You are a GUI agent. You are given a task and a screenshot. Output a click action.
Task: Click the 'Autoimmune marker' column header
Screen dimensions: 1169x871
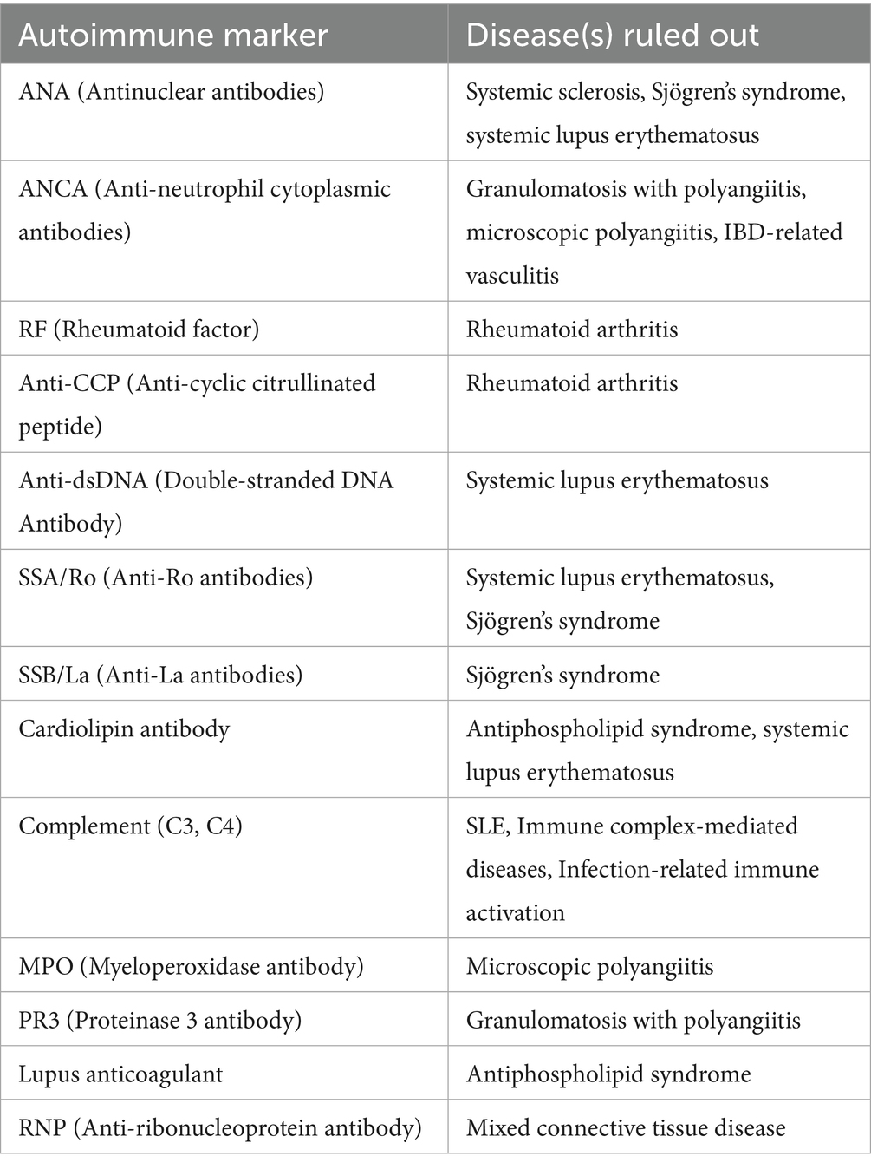(x=173, y=35)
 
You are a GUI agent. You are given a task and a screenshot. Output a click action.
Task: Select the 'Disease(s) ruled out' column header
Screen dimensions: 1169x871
(x=612, y=35)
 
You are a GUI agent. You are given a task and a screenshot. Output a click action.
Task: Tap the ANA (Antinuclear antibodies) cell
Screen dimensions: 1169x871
(x=172, y=91)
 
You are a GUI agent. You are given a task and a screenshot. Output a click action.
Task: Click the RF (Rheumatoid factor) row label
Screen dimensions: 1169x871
(x=139, y=329)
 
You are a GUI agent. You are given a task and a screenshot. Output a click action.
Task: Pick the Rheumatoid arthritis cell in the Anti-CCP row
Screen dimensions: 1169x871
(x=572, y=383)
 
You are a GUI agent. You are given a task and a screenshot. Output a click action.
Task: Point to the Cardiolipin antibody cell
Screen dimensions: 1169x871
(x=124, y=728)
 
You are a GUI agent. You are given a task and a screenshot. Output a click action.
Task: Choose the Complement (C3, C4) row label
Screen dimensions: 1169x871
(x=130, y=826)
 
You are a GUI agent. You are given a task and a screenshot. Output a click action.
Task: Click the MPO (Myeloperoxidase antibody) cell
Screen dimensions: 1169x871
(x=191, y=966)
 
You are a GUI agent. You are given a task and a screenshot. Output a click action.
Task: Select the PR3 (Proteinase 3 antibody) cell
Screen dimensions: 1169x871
(x=160, y=1020)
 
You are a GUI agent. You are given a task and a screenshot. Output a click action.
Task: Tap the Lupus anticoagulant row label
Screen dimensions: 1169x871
(x=120, y=1074)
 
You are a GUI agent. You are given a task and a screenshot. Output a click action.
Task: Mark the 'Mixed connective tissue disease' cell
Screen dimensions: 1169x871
(x=626, y=1127)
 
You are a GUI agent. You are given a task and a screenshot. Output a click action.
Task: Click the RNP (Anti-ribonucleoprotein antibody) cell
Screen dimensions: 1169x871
(x=220, y=1127)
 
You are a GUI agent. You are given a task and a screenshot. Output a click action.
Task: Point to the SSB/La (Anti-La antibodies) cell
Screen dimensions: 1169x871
(x=160, y=675)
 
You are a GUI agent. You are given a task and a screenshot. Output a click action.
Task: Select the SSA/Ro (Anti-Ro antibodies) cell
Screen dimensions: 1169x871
(x=166, y=578)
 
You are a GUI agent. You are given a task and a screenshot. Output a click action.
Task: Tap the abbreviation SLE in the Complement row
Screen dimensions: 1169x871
(x=485, y=826)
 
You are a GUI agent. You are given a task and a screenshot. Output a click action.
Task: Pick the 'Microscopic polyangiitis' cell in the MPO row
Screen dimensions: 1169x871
(x=589, y=966)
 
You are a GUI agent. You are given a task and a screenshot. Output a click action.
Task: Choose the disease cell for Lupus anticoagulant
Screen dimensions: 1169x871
(x=608, y=1074)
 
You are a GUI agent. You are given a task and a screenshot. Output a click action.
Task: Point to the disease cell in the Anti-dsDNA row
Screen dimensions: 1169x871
(x=617, y=480)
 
